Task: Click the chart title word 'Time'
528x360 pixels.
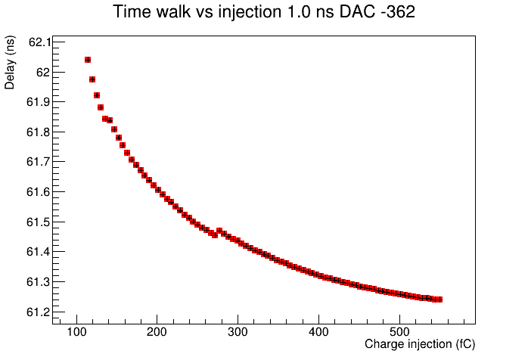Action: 132,12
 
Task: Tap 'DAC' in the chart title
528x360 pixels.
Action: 354,12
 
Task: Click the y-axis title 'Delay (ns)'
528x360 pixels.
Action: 10,62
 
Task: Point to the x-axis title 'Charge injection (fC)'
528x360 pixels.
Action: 420,344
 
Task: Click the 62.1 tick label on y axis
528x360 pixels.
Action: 40,42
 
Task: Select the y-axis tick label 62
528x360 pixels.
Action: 43,73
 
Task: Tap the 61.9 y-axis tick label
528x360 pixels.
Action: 39,102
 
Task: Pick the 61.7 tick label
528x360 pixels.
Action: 39,162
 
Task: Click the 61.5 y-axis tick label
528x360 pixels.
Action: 39,222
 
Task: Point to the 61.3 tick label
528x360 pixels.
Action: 39,282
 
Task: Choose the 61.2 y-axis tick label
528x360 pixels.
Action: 39,312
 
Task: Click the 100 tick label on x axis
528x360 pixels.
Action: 76,332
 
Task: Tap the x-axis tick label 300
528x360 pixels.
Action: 238,332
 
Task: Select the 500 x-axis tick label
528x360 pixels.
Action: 399,332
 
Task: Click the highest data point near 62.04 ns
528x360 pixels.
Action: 88,60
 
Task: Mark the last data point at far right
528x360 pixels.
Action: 439,299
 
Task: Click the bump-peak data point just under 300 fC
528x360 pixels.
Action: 219,231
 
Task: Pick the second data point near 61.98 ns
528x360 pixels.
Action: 92,79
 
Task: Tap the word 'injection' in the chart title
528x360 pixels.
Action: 250,12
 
